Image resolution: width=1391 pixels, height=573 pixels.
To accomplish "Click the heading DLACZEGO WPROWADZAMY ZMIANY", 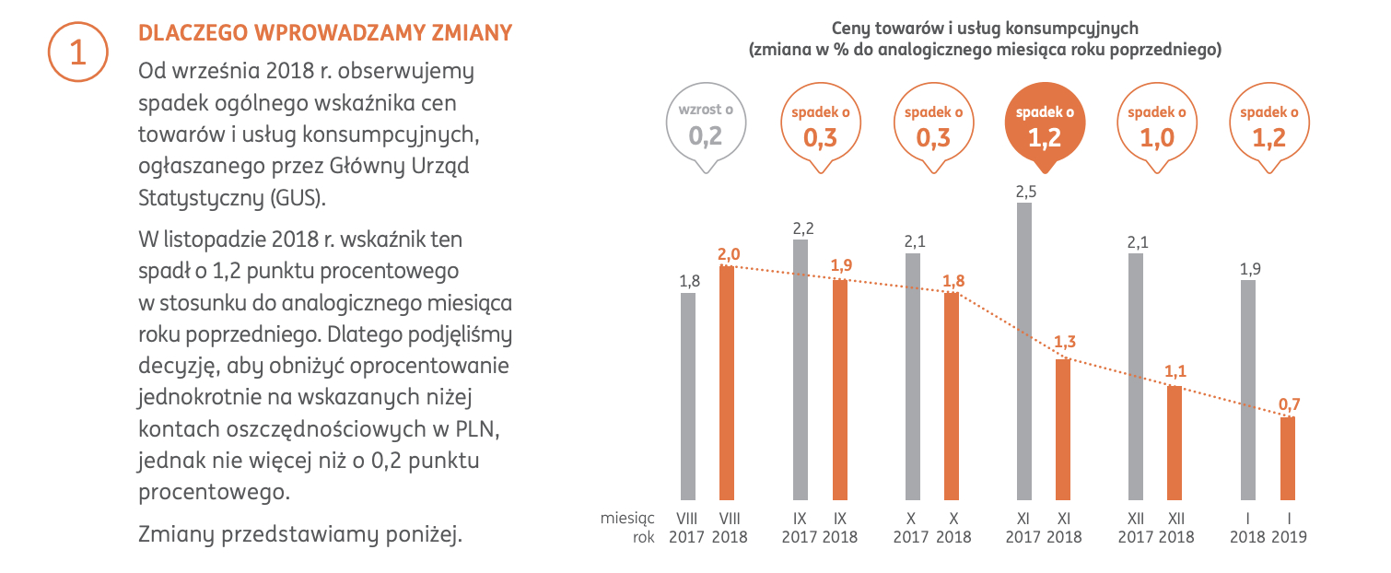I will point(324,33).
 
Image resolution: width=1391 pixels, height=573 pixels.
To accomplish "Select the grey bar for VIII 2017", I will point(688,396).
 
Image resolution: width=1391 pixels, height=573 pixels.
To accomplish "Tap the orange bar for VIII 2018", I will point(727,382).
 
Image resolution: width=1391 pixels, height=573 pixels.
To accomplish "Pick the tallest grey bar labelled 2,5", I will point(1024,350).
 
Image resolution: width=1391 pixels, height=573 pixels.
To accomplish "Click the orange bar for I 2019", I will point(1287,458).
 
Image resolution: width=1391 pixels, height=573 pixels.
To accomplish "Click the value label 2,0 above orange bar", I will point(728,253).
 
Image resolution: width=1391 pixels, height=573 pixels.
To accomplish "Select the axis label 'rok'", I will point(643,537).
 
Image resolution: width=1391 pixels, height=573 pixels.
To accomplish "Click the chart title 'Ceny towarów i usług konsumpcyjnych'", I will point(984,29).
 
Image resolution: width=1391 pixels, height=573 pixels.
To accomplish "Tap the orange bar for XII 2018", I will point(1175,442).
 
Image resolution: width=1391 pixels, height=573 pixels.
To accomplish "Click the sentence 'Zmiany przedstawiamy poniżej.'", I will point(298,533).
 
